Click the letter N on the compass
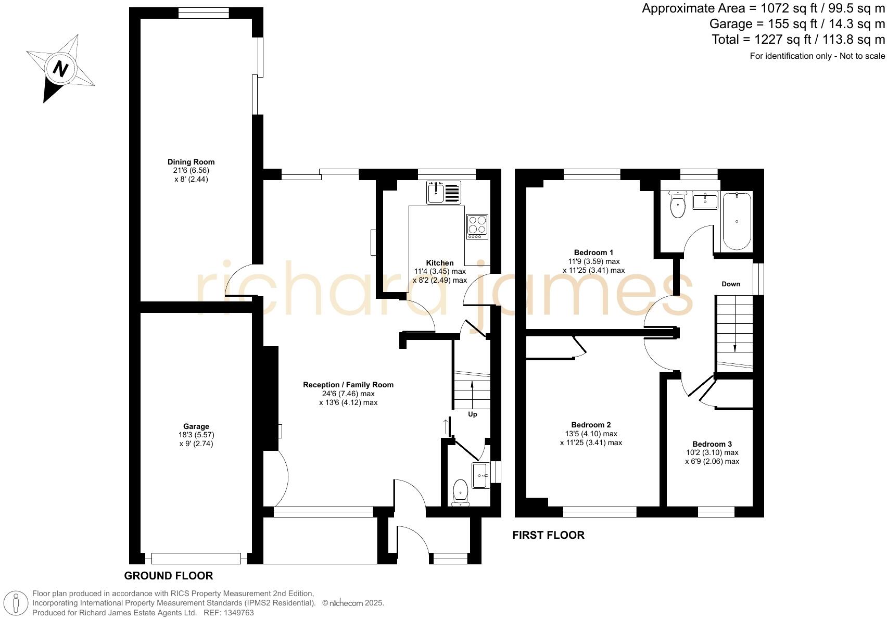tap(61, 69)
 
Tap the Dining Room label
tap(191, 162)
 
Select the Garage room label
tap(196, 426)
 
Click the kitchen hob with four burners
tap(477, 227)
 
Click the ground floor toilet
tap(461, 492)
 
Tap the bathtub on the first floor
tap(737, 221)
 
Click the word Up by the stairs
tap(473, 414)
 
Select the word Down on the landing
tap(730, 284)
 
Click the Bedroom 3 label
tap(712, 444)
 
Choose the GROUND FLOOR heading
tap(168, 575)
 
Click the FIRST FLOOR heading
tap(548, 535)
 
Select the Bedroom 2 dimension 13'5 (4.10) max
tap(591, 434)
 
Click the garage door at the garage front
tap(196, 559)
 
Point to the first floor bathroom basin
tap(705, 200)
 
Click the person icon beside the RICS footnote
tap(16, 603)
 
